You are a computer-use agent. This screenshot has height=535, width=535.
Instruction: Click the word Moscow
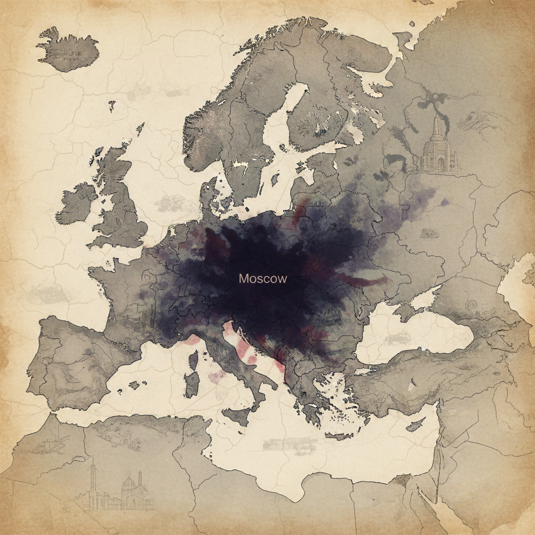(x=263, y=278)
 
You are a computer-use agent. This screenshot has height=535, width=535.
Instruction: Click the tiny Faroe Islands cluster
(x=112, y=105)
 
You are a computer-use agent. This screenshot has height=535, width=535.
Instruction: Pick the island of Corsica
(x=194, y=360)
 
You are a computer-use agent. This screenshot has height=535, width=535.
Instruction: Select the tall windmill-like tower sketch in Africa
(x=93, y=481)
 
